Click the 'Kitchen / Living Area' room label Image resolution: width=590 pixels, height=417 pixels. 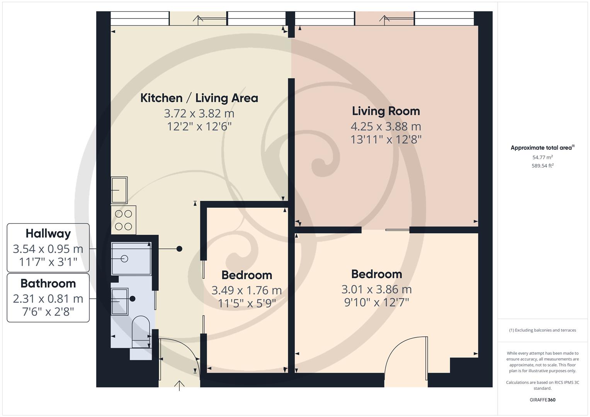(x=199, y=98)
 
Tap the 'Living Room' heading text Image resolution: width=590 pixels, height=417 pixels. (x=386, y=111)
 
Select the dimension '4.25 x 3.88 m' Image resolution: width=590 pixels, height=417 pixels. (x=386, y=126)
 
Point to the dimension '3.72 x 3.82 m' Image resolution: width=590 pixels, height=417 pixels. (x=199, y=114)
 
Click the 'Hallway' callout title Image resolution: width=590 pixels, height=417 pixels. (x=48, y=234)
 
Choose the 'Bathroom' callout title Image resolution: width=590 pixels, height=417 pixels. (x=48, y=283)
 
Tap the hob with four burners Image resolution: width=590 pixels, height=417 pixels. (x=124, y=220)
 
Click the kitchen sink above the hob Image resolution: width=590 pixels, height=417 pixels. (x=119, y=190)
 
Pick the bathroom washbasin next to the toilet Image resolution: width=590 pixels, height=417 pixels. (x=119, y=302)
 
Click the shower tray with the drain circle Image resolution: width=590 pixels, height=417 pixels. (x=131, y=259)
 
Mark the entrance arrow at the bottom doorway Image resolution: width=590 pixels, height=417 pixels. (x=179, y=385)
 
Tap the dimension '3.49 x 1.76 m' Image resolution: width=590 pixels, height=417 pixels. (x=247, y=290)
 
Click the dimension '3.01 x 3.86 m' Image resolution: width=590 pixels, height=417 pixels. (x=376, y=289)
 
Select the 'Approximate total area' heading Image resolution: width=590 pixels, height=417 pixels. (x=542, y=147)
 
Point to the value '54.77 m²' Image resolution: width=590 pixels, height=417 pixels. (x=542, y=157)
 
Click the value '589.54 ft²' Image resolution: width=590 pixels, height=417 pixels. (x=542, y=166)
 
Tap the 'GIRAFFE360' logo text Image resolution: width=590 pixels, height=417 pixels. (x=542, y=400)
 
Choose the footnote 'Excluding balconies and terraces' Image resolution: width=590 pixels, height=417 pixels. (x=542, y=330)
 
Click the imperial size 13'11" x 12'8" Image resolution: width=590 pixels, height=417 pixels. (x=386, y=139)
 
